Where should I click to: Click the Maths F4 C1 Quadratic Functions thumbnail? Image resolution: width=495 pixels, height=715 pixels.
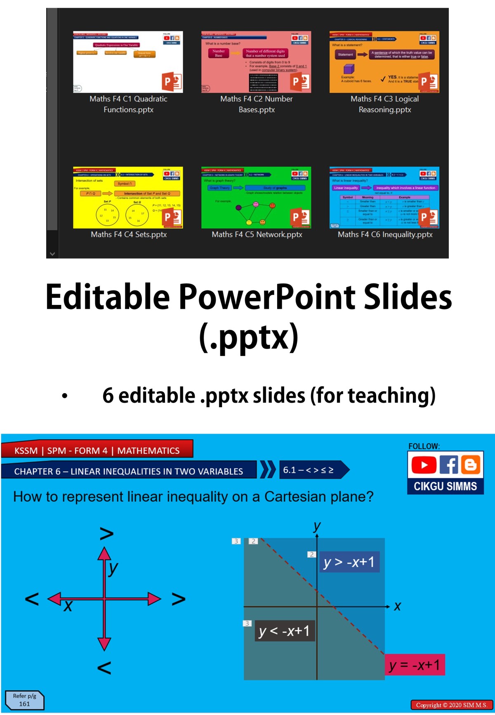pos(128,62)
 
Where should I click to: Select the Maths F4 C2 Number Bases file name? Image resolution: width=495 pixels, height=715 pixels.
pos(256,104)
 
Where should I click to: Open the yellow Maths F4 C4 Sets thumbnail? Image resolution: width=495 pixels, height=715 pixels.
pos(128,198)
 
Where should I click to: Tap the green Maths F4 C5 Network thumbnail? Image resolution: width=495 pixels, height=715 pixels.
pos(256,198)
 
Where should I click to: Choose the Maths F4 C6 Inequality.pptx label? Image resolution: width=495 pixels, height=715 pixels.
pos(385,234)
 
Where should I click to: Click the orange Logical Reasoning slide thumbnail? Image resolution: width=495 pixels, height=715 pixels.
pos(384,62)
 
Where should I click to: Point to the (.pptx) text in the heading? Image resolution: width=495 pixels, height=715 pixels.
pos(248,337)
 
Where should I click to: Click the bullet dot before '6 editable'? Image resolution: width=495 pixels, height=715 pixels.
pos(64,396)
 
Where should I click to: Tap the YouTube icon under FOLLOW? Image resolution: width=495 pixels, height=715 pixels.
pos(423,465)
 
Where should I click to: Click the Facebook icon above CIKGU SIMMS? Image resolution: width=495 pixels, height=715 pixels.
pos(448,465)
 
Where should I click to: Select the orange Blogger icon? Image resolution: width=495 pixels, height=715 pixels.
pos(470,465)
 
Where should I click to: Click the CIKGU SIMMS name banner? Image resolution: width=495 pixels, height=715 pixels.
pos(445,486)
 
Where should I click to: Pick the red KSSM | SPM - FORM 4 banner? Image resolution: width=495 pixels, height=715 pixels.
pos(97,450)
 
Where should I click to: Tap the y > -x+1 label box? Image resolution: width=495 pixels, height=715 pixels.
pos(349,562)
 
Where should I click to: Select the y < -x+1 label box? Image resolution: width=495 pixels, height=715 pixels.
pos(284,631)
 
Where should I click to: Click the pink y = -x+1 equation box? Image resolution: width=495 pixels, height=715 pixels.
pos(414,665)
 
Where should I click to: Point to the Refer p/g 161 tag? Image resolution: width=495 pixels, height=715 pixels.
pos(24,700)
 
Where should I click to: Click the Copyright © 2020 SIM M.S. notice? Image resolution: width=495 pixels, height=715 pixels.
pos(451,705)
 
